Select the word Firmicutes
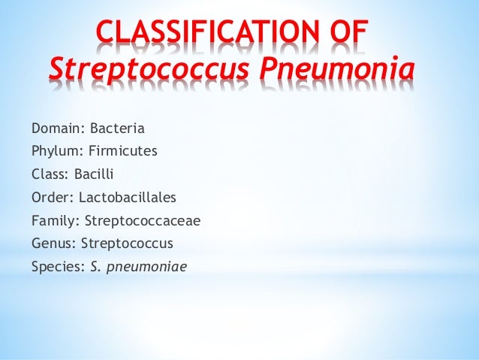tap(123, 151)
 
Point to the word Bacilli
tap(93, 174)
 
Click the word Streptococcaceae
tap(143, 220)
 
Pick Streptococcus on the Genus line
tap(127, 244)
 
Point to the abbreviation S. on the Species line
tap(95, 266)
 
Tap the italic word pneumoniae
tap(144, 267)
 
